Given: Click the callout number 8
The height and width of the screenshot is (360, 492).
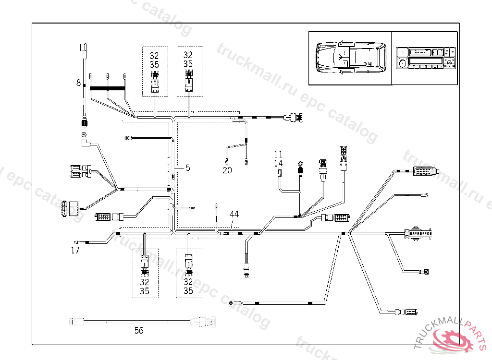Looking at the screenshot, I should (x=78, y=83).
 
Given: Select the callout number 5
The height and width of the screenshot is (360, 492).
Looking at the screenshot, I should (x=188, y=168).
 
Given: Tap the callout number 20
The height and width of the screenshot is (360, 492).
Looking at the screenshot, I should (x=227, y=170).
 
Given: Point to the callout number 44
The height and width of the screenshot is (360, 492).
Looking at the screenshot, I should (x=234, y=214).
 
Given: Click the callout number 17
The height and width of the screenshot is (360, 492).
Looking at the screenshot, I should (x=75, y=250).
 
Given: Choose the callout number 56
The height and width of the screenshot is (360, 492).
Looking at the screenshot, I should (x=139, y=330).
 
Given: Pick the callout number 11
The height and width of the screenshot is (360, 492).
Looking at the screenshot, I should (x=279, y=154).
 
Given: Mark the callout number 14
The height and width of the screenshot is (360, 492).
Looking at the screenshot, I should (x=279, y=163).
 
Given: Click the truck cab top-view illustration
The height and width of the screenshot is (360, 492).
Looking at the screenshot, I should (x=350, y=58).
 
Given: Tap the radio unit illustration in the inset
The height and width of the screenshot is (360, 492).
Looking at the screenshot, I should (x=425, y=58).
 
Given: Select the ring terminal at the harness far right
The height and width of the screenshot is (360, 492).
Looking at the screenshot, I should (x=426, y=195).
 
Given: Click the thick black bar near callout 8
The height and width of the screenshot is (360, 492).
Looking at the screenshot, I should (x=107, y=89).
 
